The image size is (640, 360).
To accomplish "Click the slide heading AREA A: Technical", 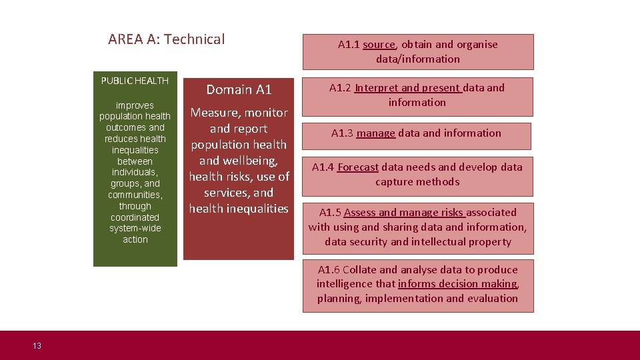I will tap(166, 39).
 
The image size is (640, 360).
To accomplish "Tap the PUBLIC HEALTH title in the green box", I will tap(135, 81).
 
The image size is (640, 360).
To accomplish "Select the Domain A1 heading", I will tap(239, 89).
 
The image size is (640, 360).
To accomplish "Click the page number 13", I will tap(37, 345).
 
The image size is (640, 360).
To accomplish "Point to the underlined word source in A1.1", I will tap(379, 45).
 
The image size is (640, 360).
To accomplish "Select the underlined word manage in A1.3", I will tap(376, 133).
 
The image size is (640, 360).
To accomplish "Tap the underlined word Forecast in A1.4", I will tap(358, 167).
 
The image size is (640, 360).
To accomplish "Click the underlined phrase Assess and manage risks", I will tap(404, 213).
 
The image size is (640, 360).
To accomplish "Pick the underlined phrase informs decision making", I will tap(457, 284).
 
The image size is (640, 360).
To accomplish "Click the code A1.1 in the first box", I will tap(349, 45).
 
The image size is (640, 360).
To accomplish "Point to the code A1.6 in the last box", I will tap(329, 270).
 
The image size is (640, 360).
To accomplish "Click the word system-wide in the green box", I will tap(135, 228).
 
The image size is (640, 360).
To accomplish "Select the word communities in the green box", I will tap(135, 195).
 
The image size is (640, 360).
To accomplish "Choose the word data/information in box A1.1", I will tap(418, 59).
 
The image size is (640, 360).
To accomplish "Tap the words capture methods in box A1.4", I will tap(417, 182).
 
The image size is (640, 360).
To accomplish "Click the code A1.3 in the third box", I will tap(342, 133).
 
